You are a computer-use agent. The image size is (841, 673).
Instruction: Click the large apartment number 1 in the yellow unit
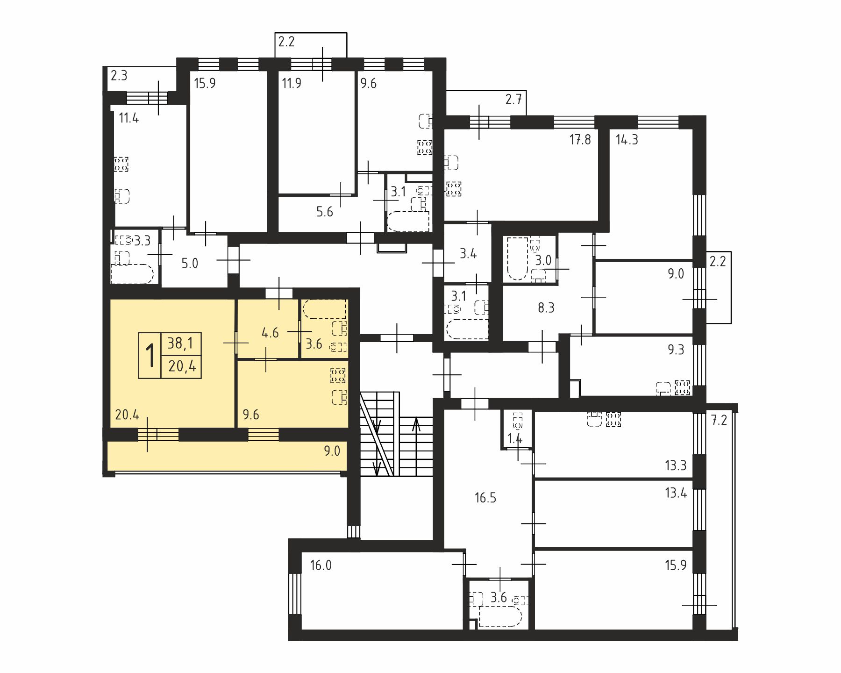click(x=150, y=356)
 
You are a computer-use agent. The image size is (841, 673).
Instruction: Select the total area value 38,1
click(x=180, y=344)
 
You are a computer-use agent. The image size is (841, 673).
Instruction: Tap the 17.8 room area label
click(x=580, y=139)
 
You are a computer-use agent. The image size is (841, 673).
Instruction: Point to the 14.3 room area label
click(x=627, y=139)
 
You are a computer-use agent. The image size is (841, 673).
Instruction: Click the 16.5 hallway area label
click(x=485, y=498)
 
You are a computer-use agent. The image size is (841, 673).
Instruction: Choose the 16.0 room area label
click(x=321, y=566)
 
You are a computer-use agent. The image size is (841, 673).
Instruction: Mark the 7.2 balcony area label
click(x=720, y=420)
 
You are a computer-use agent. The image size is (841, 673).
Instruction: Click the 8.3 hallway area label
click(x=546, y=308)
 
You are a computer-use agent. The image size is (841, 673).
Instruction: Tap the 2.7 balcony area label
click(x=513, y=99)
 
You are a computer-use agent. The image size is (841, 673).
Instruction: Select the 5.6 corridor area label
click(x=325, y=212)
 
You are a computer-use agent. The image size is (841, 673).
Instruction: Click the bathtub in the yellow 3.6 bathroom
click(x=325, y=309)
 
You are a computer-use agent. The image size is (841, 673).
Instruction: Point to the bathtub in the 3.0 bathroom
click(x=517, y=259)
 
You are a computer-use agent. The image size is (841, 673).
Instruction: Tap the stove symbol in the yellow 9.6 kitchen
click(x=338, y=375)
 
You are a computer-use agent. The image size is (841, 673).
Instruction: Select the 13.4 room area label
click(x=676, y=492)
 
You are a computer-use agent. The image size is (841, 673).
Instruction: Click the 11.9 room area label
click(x=292, y=83)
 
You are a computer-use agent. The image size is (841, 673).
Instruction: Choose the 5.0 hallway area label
click(x=190, y=263)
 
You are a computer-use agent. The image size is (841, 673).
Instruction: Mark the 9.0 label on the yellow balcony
click(x=332, y=451)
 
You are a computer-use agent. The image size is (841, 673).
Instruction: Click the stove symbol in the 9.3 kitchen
click(x=683, y=387)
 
